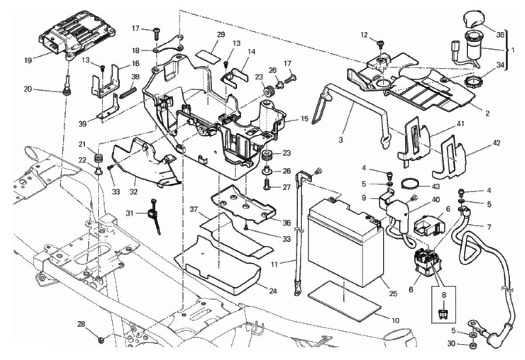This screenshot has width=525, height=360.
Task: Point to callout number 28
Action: pos(82,324)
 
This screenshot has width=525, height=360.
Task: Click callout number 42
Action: pos(484,143)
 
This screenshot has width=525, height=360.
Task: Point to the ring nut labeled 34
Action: pos(470,81)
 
